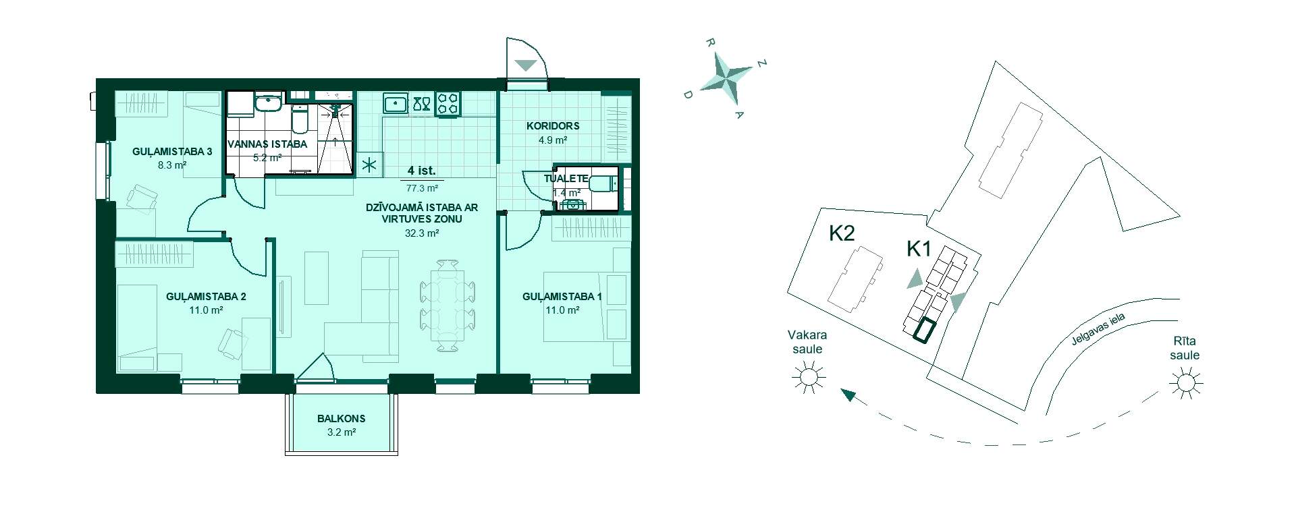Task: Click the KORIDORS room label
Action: [x=553, y=126]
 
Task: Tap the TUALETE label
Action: [x=566, y=179]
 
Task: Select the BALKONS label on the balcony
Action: [x=341, y=419]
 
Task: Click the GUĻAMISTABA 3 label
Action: [x=172, y=152]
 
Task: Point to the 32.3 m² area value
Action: [x=422, y=233]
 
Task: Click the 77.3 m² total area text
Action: [x=422, y=189]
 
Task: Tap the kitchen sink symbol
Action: [x=396, y=104]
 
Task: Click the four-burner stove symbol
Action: [x=448, y=104]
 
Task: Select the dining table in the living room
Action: [x=448, y=306]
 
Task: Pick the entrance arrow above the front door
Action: [x=525, y=65]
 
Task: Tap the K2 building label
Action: [x=842, y=233]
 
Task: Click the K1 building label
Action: [x=919, y=250]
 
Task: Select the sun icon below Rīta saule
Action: [x=1186, y=384]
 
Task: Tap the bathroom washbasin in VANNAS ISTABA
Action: [x=269, y=103]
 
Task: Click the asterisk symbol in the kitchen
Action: [x=369, y=165]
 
